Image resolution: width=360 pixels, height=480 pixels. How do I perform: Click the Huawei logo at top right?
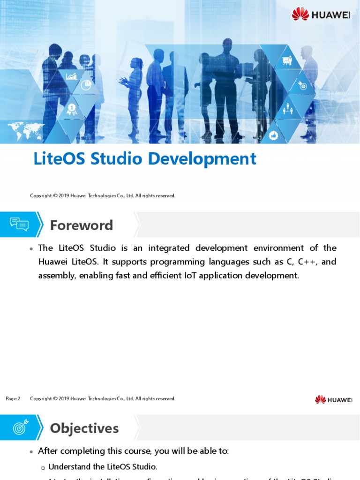tap(321, 14)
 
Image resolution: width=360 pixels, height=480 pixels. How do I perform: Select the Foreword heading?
tap(82, 225)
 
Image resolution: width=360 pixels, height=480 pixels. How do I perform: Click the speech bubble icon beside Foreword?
tap(19, 225)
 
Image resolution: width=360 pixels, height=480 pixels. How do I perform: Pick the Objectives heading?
tap(84, 428)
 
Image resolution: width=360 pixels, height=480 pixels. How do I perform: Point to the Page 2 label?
tap(13, 399)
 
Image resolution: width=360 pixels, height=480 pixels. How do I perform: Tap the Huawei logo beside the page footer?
tap(333, 399)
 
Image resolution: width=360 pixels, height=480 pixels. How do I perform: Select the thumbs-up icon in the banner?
tap(274, 135)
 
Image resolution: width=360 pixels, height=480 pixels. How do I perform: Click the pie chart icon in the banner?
tap(85, 85)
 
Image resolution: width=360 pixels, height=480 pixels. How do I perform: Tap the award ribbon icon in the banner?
tap(72, 110)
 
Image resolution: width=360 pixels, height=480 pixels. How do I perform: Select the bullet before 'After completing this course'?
tap(31, 451)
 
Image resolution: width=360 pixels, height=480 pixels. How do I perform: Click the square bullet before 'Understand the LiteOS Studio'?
tap(43, 467)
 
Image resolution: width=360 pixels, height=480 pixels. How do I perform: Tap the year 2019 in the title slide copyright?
tap(64, 196)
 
